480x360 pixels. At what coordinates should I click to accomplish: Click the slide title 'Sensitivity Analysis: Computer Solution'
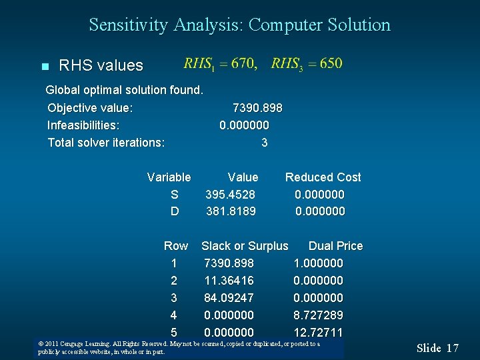(240, 25)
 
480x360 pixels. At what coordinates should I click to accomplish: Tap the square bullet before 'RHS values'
(45, 67)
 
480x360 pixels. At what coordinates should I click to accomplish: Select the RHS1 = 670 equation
(220, 64)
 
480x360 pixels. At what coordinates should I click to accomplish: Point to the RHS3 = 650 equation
(307, 64)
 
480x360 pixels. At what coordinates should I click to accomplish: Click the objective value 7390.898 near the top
(257, 108)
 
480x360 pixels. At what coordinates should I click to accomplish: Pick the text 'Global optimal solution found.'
(124, 90)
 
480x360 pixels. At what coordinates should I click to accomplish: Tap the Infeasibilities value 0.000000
(244, 125)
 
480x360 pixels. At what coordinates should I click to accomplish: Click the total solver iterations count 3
(265, 143)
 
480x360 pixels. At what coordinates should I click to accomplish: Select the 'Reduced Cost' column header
(323, 177)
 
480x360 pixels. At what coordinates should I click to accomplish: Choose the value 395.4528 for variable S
(230, 195)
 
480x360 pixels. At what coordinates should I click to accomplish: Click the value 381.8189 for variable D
(231, 211)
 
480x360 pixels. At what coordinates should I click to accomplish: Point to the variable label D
(175, 211)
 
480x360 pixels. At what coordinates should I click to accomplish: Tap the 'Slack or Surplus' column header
(245, 246)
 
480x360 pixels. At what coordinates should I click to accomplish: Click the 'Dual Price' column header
(335, 246)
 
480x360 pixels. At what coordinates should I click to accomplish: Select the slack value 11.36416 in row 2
(229, 281)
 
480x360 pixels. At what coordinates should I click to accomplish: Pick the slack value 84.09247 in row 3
(229, 298)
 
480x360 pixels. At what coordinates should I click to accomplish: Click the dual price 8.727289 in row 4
(318, 315)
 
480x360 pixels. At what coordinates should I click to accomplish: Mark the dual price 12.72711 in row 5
(318, 332)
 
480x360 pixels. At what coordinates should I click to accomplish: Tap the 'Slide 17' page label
(438, 348)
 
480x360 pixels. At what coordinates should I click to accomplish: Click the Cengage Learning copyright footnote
(179, 348)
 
